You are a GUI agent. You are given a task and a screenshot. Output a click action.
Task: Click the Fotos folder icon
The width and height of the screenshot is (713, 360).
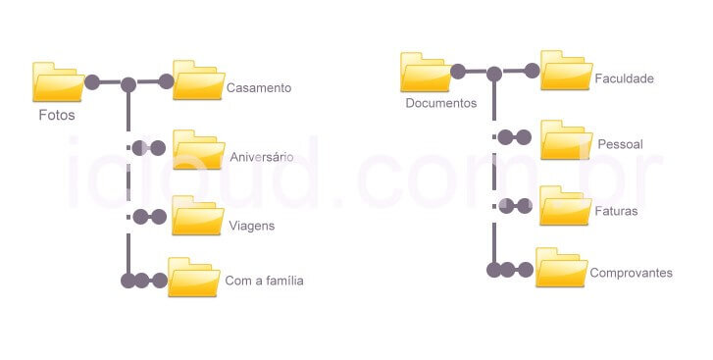point(57,81)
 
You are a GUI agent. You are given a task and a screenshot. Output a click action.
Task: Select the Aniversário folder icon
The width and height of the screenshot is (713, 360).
point(199,148)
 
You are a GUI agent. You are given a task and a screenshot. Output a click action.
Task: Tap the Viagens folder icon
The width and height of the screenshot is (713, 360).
point(198,216)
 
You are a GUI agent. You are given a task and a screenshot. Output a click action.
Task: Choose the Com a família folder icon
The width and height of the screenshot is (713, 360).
point(193,277)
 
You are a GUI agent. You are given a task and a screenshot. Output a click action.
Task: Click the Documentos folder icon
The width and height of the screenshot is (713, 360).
point(425,73)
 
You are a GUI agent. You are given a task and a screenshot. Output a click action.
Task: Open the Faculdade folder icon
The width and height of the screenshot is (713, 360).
point(566,72)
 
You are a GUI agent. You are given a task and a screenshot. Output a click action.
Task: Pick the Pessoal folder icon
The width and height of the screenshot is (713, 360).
point(566,139)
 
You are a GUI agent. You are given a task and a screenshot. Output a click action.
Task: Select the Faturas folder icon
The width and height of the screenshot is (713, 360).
point(566,205)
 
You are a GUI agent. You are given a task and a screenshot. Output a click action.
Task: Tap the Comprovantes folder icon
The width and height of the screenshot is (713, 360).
point(561,267)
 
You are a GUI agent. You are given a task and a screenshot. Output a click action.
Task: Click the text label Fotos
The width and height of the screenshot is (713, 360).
point(57,115)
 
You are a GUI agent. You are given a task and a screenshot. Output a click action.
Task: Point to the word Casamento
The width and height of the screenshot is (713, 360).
point(259,88)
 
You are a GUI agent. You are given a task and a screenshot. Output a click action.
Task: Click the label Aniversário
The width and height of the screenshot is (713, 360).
point(262,157)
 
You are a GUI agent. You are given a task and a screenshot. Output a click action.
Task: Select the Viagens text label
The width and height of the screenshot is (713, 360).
point(251,226)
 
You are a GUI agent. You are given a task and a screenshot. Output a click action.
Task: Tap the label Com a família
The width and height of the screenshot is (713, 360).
point(264,281)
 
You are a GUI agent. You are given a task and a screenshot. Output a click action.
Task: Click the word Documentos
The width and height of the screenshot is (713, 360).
point(440,103)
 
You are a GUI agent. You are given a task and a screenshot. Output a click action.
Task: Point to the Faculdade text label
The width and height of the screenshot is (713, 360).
point(624,77)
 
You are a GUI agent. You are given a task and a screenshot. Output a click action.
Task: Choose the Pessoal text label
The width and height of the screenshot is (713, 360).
point(620,144)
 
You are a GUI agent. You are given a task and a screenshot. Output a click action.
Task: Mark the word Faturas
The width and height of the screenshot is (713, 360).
point(617,211)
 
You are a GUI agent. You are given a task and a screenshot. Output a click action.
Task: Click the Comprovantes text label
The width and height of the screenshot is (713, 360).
point(631,273)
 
